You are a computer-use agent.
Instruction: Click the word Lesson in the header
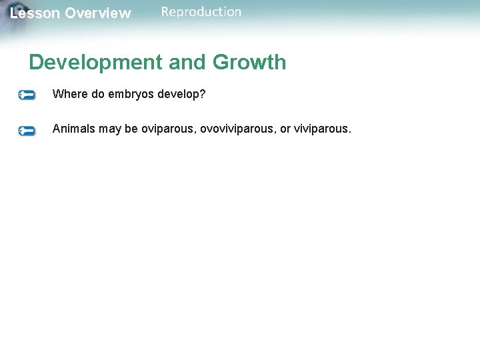coord(35,13)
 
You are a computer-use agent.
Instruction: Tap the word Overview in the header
coord(98,13)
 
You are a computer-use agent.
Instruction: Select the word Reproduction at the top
coord(201,11)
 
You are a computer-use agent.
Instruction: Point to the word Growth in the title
coord(249,62)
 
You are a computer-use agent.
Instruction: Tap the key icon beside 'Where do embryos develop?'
coord(27,95)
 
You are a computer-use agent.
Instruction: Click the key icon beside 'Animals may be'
coord(27,131)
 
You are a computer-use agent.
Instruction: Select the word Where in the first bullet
coord(70,94)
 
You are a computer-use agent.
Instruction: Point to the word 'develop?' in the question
coord(183,95)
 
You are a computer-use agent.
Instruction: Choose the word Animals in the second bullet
coord(74,129)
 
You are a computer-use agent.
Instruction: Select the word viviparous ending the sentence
coord(322,129)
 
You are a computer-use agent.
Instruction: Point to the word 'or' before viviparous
coord(285,129)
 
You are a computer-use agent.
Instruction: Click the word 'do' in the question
coord(98,94)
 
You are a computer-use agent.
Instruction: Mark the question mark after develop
coord(203,94)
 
